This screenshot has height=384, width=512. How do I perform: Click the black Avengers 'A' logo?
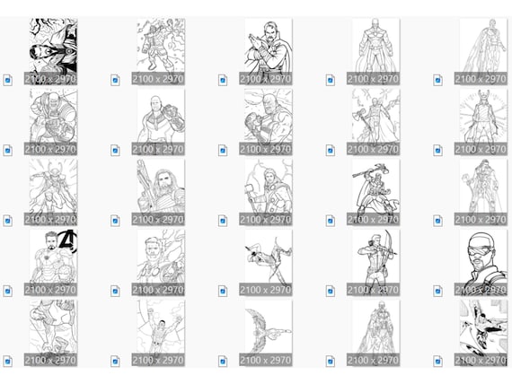(x=69, y=241)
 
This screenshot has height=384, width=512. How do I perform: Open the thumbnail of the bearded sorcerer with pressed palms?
(x=269, y=51)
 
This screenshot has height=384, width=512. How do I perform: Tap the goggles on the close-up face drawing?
(x=480, y=250)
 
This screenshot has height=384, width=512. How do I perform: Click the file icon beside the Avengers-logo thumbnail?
(x=8, y=291)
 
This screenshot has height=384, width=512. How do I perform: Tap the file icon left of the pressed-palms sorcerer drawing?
(x=223, y=80)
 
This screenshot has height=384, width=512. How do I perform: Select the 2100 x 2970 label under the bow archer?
(x=373, y=290)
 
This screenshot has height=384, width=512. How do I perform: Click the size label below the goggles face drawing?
(x=481, y=290)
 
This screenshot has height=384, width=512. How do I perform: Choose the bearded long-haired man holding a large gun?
(x=161, y=192)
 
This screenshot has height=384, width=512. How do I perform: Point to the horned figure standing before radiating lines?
(x=483, y=122)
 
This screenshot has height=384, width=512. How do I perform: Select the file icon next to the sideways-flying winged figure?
(x=223, y=362)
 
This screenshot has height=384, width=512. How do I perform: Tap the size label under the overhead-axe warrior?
(x=373, y=219)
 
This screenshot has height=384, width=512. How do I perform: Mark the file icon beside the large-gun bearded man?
(x=115, y=221)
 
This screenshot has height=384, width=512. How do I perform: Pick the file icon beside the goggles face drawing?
(x=437, y=291)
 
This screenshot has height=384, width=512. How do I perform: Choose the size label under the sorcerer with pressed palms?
(x=266, y=78)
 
